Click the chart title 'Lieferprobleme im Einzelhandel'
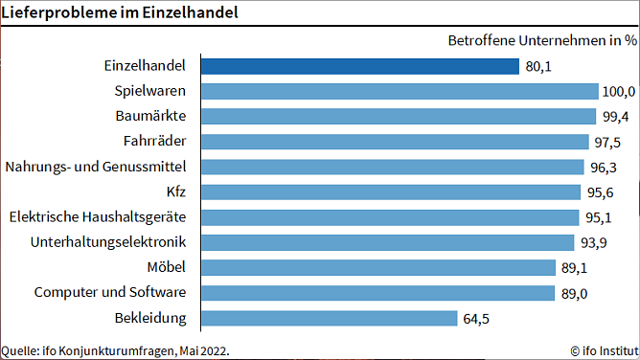[x=120, y=13]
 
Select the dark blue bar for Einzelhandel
[x=359, y=66]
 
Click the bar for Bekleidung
[x=329, y=317]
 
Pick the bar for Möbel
[x=377, y=267]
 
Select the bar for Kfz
[x=390, y=191]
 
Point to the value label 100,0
[x=618, y=92]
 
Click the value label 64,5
[x=476, y=318]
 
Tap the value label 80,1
[x=538, y=67]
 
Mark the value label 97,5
[x=608, y=142]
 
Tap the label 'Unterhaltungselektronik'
[x=108, y=241]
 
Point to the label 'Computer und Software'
[x=110, y=292]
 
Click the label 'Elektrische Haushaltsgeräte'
[x=98, y=216]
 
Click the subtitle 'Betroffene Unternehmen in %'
[x=542, y=40]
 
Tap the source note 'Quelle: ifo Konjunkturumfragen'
[x=115, y=350]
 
